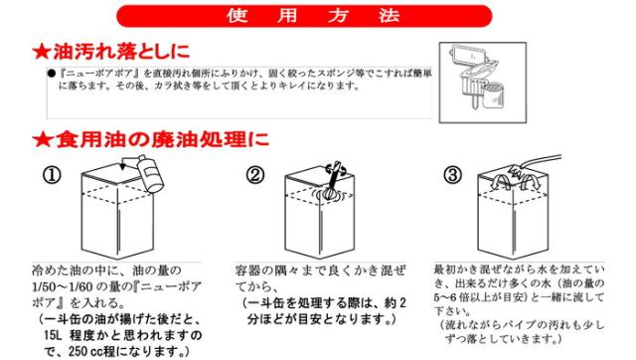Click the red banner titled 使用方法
coord(304,16)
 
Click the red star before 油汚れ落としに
coord(42,52)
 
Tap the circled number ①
coord(52,175)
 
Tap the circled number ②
coord(255,175)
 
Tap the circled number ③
coord(453,175)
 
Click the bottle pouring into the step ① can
coord(150,173)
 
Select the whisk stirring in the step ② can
coord(332,183)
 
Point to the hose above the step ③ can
coord(541,161)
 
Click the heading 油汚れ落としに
coord(121,52)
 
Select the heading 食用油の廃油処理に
coord(162,140)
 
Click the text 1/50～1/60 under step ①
coord(63,286)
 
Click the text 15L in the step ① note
coord(53,335)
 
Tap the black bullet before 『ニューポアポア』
coord(51,74)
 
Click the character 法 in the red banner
coord(390,16)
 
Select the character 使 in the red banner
coord(238,16)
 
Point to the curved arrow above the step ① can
coord(130,162)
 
